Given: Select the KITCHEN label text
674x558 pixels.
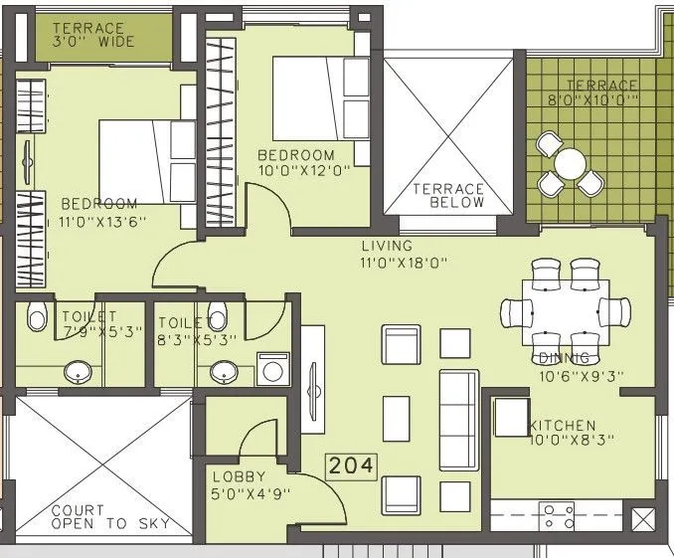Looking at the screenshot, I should point(562,426).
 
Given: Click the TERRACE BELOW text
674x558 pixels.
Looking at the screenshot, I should point(448,195).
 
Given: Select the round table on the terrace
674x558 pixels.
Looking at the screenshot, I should point(570,163).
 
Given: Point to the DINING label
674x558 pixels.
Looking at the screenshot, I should point(565,357).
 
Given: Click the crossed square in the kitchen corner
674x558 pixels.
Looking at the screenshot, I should point(642,518).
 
